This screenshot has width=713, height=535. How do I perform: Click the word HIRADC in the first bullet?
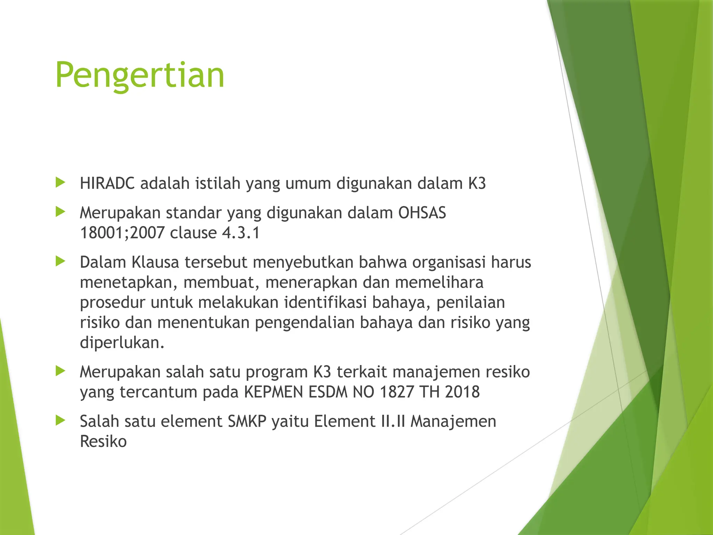[x=107, y=184]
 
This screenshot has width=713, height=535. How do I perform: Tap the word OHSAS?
[x=422, y=213]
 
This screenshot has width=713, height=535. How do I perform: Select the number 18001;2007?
[x=122, y=233]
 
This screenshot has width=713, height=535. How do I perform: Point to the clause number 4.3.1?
[x=241, y=233]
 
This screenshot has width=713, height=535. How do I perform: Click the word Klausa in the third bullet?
[x=155, y=262]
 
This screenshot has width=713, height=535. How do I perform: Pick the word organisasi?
[x=449, y=262]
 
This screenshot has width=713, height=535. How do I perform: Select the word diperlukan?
[x=122, y=343]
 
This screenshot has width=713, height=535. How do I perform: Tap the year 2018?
[x=462, y=392]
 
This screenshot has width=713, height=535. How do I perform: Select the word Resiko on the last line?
[x=103, y=442]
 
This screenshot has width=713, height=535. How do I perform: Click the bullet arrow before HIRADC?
[x=60, y=182]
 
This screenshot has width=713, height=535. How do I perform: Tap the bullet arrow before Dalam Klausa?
[x=60, y=261]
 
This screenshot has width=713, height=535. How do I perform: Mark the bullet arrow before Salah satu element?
[x=60, y=420]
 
